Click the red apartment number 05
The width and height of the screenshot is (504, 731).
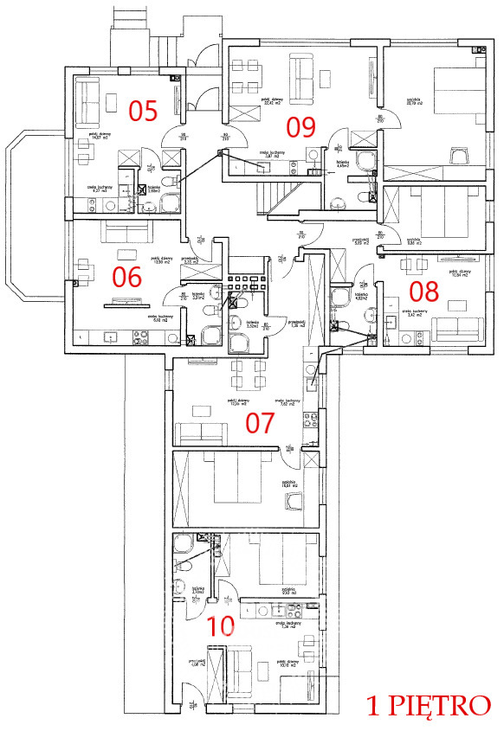tap(143, 110)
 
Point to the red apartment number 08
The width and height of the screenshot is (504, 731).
tap(424, 289)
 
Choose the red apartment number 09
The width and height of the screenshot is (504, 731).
tap(301, 127)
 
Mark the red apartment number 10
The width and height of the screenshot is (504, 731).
tap(221, 625)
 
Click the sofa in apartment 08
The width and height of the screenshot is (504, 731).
tap(458, 330)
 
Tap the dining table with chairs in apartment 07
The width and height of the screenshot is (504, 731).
tap(245, 374)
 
